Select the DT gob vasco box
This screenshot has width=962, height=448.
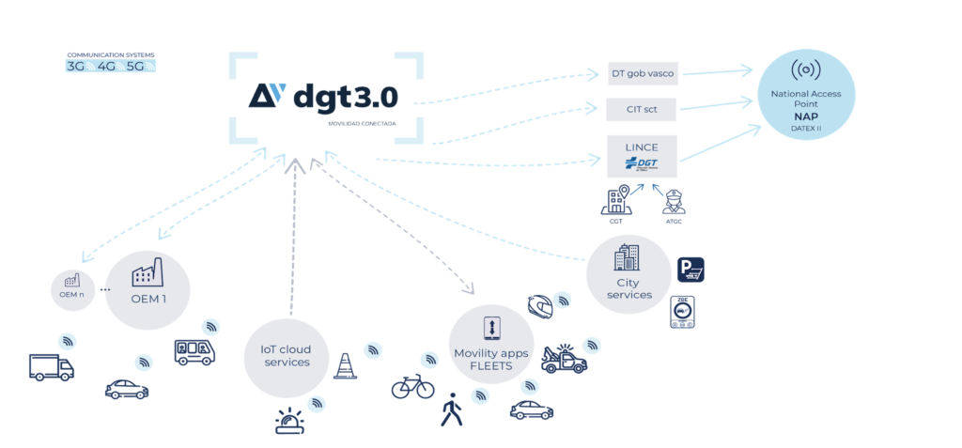[x=642, y=72]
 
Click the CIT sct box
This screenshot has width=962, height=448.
[x=642, y=109]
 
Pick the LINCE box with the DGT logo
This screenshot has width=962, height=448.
[x=642, y=156]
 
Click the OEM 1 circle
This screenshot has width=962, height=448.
[x=147, y=291]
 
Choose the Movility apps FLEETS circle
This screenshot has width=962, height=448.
[x=490, y=345]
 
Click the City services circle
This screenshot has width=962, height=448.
[x=628, y=275]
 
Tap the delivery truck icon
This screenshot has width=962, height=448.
[x=51, y=367]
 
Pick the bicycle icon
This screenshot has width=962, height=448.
[x=412, y=385]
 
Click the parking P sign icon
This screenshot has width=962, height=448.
[x=691, y=271]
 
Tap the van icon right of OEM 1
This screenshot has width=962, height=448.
[x=195, y=351]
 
